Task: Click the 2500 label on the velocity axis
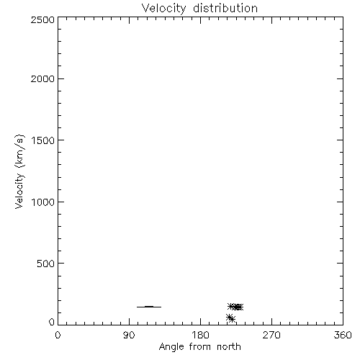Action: (42, 19)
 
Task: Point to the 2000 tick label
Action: (42, 78)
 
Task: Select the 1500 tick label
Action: (43, 140)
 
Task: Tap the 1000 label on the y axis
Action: (43, 202)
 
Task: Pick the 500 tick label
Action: (46, 264)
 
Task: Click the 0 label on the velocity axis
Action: (52, 322)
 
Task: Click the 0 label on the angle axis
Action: (58, 335)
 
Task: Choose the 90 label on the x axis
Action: (129, 335)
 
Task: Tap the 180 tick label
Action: (200, 335)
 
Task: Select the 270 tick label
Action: (271, 335)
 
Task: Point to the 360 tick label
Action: (343, 335)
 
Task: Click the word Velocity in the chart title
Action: (164, 9)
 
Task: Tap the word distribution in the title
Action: (225, 8)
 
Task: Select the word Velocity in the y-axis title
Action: (19, 191)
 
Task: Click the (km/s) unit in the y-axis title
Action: (19, 151)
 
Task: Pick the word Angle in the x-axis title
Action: (171, 347)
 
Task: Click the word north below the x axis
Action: (229, 346)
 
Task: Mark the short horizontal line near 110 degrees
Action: (149, 307)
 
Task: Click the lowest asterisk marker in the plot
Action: (232, 319)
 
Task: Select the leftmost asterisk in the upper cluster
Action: (231, 306)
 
